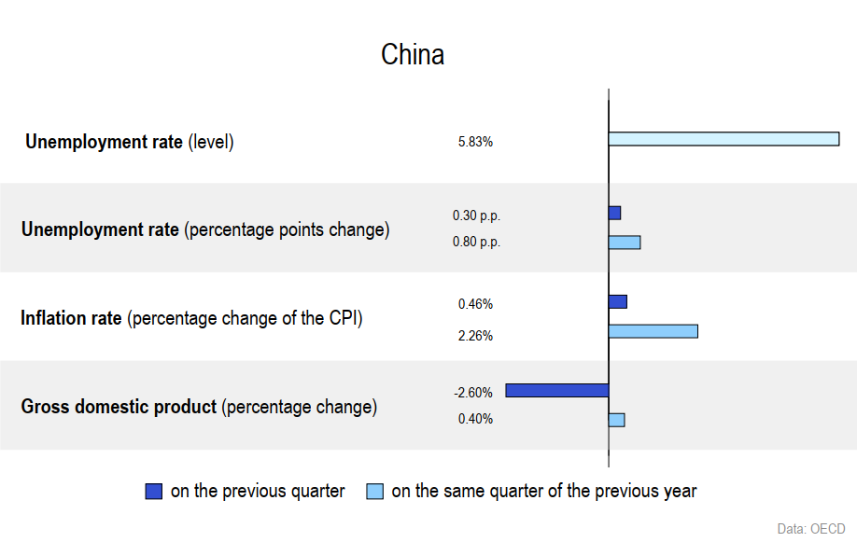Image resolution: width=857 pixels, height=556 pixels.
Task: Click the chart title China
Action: (413, 55)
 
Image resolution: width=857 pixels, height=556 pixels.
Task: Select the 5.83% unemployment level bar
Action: (724, 139)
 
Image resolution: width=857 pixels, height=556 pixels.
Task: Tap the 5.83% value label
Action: (475, 142)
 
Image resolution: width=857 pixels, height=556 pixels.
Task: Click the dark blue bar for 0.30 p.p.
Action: (615, 213)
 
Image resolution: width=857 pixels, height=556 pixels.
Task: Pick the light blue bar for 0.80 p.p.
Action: (625, 243)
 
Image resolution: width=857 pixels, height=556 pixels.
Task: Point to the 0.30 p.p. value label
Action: (477, 215)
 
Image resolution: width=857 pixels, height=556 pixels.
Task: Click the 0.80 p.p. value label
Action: (477, 242)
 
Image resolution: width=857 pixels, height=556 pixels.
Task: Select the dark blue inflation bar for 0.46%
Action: (618, 301)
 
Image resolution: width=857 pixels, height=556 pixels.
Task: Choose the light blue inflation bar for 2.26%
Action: (653, 331)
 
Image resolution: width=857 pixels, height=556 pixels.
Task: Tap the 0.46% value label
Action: (475, 304)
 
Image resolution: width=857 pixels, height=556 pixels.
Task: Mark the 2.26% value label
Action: (475, 336)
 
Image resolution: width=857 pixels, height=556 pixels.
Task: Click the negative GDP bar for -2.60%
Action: (557, 391)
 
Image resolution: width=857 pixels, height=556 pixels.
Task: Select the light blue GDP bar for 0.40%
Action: (617, 420)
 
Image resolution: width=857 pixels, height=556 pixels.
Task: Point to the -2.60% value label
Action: (473, 393)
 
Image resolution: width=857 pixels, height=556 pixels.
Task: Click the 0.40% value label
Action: (475, 419)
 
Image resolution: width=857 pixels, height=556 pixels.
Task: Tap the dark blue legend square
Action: (154, 491)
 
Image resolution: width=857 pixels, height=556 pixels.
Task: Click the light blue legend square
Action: (375, 491)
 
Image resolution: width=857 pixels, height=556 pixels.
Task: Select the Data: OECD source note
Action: (811, 529)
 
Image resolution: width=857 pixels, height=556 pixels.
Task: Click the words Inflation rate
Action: (71, 318)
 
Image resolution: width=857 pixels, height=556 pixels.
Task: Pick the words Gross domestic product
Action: (119, 407)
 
